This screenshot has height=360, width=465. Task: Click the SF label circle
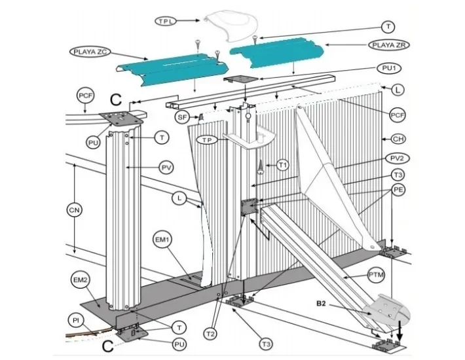[183, 117]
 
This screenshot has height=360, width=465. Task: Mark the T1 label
[282, 166]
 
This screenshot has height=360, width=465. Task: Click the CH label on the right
[397, 139]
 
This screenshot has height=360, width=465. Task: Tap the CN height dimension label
[75, 209]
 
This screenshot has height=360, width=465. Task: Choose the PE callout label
[398, 189]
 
